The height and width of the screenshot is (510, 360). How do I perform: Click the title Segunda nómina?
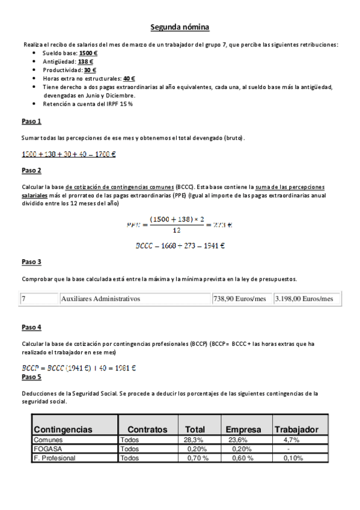tap(180, 27)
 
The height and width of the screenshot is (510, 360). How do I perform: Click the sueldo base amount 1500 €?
tap(88, 53)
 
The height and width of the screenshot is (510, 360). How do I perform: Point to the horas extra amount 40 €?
tap(129, 78)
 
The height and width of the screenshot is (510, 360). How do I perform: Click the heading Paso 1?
tap(31, 122)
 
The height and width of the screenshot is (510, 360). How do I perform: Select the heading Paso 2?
tap(31, 171)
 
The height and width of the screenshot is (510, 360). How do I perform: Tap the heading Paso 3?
tap(31, 262)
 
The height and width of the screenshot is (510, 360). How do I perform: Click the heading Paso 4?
tap(31, 327)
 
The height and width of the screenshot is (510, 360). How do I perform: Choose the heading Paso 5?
tap(31, 377)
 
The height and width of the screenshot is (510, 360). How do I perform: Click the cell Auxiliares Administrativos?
tap(100, 298)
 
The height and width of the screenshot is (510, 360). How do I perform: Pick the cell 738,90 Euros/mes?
tap(239, 298)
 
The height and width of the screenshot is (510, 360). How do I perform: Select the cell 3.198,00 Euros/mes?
tap(304, 298)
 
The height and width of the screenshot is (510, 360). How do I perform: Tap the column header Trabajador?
tap(296, 429)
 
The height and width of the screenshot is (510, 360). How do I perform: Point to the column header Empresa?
tap(243, 429)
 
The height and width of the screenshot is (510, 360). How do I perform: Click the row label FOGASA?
tap(48, 449)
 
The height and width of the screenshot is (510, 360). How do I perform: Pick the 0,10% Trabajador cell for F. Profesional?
tap(293, 458)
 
